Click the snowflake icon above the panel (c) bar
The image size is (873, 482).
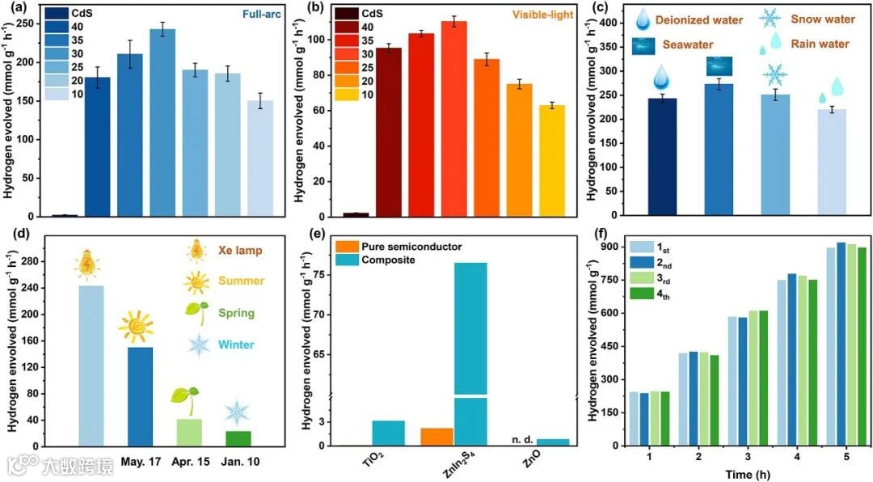click(774, 75)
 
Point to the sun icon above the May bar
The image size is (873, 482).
click(136, 328)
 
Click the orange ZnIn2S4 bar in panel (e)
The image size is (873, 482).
click(436, 436)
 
